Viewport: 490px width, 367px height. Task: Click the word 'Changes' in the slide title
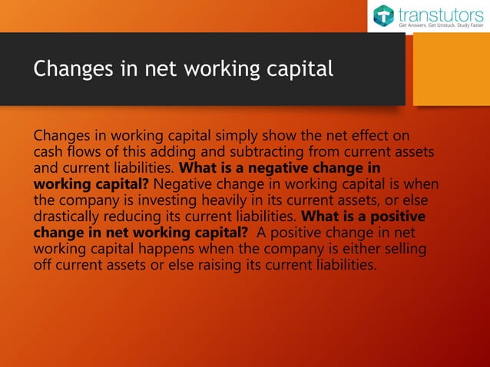tap(71, 70)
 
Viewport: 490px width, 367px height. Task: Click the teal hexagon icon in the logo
tap(383, 15)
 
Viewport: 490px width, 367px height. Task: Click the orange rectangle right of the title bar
tap(451, 69)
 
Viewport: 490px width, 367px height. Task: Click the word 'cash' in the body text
tap(48, 152)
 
